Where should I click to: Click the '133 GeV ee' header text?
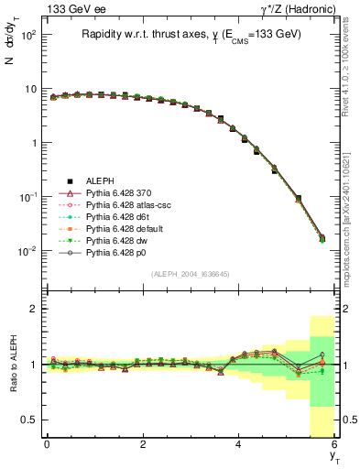70,8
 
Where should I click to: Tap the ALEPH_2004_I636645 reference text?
191,274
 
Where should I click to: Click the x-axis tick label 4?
238,445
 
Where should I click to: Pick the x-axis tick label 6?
334,445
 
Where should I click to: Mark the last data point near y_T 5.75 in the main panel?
322,239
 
